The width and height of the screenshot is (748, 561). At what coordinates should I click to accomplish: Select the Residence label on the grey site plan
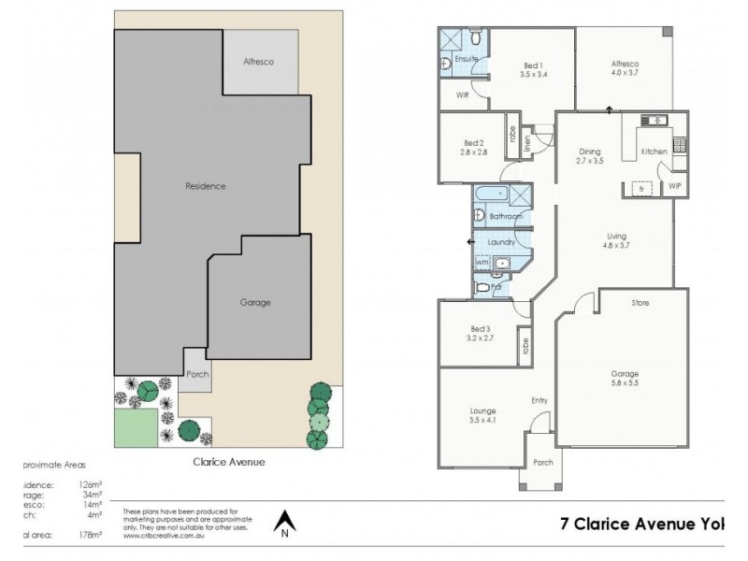coord(206,186)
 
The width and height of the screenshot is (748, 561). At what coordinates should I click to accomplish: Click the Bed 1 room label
coord(534,65)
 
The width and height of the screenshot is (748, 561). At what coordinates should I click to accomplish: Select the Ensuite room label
coord(467,60)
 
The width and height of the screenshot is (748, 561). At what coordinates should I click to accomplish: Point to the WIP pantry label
coord(676,187)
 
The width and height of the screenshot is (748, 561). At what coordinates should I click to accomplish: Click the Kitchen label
coord(654,151)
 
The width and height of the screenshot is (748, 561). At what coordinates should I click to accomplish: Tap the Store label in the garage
coord(640,303)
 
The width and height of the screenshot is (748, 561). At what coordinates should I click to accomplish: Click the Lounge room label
coord(483,410)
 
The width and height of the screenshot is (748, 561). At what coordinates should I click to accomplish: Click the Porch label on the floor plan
coord(542,461)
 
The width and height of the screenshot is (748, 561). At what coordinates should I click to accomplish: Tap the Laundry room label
coord(502,242)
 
